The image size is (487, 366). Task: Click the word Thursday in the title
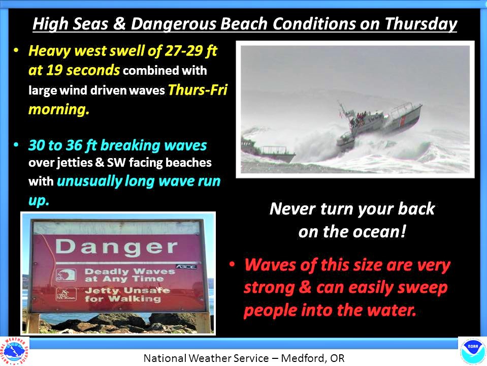(421, 24)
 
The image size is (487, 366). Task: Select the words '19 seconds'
(83, 70)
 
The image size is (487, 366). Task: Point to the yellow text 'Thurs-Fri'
(198, 89)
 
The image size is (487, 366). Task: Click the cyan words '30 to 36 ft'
(63, 145)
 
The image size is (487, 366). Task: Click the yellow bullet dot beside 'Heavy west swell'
(16, 50)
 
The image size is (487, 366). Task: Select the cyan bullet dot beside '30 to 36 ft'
(16, 144)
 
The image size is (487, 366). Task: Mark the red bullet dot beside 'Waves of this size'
(232, 264)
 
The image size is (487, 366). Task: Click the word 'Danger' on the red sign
(116, 248)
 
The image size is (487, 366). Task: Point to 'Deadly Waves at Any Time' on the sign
(130, 275)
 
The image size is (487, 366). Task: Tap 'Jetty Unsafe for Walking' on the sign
(127, 295)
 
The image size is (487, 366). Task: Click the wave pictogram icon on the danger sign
(66, 275)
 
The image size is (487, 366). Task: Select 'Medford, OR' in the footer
(313, 358)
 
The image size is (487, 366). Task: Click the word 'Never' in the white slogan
(293, 208)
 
